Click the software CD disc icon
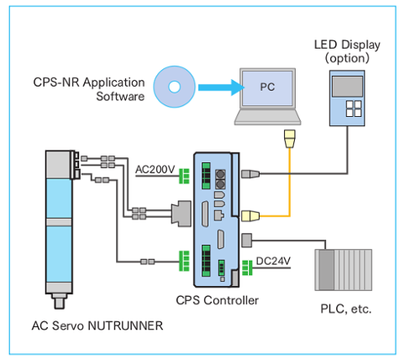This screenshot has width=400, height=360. point(174,87)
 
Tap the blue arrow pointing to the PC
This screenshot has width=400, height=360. point(221,87)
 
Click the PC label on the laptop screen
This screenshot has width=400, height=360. point(267,87)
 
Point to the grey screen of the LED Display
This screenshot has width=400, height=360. point(347,87)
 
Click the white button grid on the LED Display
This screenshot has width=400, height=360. point(354,109)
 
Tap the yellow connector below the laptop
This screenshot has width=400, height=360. point(290,139)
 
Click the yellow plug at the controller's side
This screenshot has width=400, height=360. point(250,216)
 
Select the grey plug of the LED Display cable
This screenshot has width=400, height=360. point(250,174)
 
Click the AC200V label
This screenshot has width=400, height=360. point(155,169)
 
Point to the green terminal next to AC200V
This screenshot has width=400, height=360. point(184,176)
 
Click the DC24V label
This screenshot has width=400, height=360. point(273,261)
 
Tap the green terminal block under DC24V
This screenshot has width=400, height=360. point(247,267)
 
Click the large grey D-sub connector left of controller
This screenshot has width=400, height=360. point(182,214)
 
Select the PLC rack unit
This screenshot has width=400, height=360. point(344,270)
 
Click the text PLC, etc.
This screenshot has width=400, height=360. point(346,309)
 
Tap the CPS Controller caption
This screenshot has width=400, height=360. point(217,300)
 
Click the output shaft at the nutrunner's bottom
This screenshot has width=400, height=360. point(60,301)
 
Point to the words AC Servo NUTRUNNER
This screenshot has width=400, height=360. point(97,326)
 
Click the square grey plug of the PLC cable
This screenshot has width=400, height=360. point(246,241)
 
